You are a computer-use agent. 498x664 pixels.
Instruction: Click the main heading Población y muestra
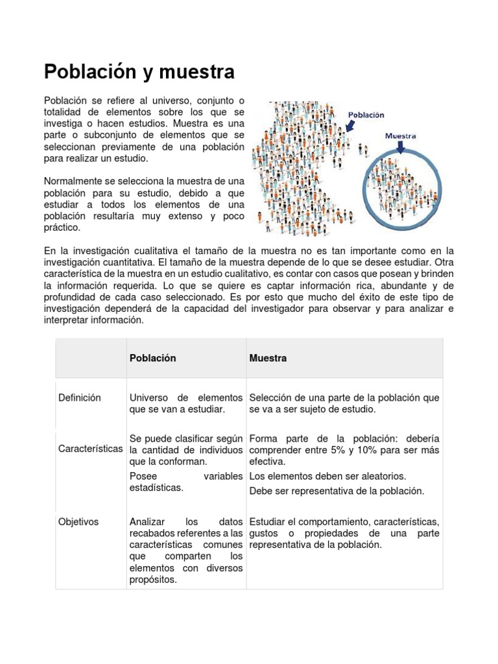(x=139, y=71)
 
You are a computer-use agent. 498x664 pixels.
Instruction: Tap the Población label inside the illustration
(x=366, y=115)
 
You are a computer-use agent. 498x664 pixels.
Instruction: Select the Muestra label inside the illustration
(x=400, y=136)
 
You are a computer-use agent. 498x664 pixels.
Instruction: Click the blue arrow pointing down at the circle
(x=399, y=148)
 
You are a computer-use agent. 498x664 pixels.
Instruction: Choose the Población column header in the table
(x=152, y=358)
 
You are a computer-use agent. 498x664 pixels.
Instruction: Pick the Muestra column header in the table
(x=268, y=358)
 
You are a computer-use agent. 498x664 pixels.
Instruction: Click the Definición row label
(x=79, y=397)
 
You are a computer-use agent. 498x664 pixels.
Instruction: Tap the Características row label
(x=89, y=449)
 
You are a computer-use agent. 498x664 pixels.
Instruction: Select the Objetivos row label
(x=78, y=521)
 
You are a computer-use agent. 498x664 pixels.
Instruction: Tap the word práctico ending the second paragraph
(x=62, y=228)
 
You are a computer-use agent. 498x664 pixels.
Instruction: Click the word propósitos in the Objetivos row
(x=152, y=580)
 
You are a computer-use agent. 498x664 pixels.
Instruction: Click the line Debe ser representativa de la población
(x=337, y=491)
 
